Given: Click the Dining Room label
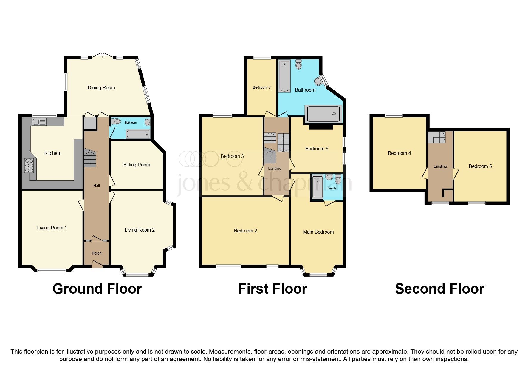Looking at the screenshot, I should pyautogui.click(x=101, y=87).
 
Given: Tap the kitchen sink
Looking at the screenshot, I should pyautogui.click(x=39, y=122).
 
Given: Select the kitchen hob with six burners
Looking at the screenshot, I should pyautogui.click(x=29, y=166).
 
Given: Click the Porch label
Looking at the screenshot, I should pyautogui.click(x=96, y=253).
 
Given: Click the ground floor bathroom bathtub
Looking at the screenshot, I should pyautogui.click(x=138, y=134).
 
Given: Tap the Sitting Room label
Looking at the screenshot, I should pyautogui.click(x=137, y=165).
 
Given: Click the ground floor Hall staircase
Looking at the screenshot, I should pyautogui.click(x=90, y=158).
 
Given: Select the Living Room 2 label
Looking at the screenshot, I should pyautogui.click(x=140, y=230).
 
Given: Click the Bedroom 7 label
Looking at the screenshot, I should pyautogui.click(x=261, y=87).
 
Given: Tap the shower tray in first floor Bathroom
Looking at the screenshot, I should pyautogui.click(x=323, y=114).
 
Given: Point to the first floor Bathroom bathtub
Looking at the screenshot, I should pyautogui.click(x=284, y=76).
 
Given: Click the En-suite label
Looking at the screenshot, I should pyautogui.click(x=331, y=188).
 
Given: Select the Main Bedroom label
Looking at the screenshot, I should pyautogui.click(x=318, y=232).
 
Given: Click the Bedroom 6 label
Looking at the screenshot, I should pyautogui.click(x=317, y=149).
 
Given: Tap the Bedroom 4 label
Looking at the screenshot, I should pyautogui.click(x=399, y=153).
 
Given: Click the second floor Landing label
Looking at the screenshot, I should pyautogui.click(x=440, y=166).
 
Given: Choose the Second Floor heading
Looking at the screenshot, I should pyautogui.click(x=439, y=289).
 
